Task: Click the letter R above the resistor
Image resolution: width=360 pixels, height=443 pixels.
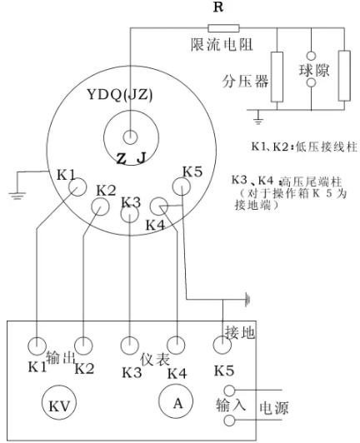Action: [218, 7]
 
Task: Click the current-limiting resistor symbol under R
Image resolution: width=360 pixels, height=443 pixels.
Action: [223, 28]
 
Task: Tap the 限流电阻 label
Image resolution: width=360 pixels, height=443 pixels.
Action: [222, 44]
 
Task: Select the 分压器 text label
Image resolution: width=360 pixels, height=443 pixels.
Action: [245, 82]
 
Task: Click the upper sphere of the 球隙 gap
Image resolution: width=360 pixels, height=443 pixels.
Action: [311, 56]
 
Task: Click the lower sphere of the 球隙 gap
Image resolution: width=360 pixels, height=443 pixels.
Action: [311, 82]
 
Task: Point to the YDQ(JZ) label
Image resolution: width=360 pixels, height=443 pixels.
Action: [120, 95]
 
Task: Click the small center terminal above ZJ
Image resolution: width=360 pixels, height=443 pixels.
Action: [130, 137]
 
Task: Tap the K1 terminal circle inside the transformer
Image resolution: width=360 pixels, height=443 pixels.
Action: [77, 187]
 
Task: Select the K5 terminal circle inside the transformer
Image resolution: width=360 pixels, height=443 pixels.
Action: [182, 187]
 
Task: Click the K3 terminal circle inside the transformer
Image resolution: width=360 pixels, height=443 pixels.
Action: [129, 214]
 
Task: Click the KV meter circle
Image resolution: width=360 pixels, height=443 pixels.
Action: [59, 403]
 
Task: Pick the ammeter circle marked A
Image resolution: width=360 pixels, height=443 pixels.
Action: [176, 401]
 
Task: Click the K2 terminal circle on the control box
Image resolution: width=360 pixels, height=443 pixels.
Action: [83, 346]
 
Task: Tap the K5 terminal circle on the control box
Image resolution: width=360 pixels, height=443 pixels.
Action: [222, 345]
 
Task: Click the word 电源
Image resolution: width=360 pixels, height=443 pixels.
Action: [273, 408]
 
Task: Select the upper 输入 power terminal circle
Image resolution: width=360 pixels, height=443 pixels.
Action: [229, 391]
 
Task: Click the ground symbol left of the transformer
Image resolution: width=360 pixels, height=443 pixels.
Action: [17, 196]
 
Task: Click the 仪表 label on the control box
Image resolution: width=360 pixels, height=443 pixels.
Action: [155, 359]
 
